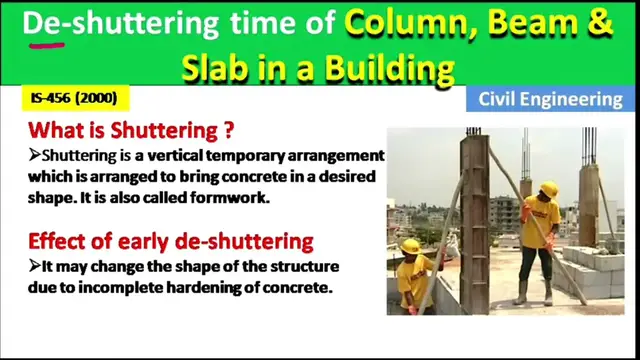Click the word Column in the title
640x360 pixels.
tap(406, 22)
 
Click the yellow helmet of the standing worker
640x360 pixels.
tap(548, 188)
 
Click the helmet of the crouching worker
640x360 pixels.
tap(410, 246)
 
